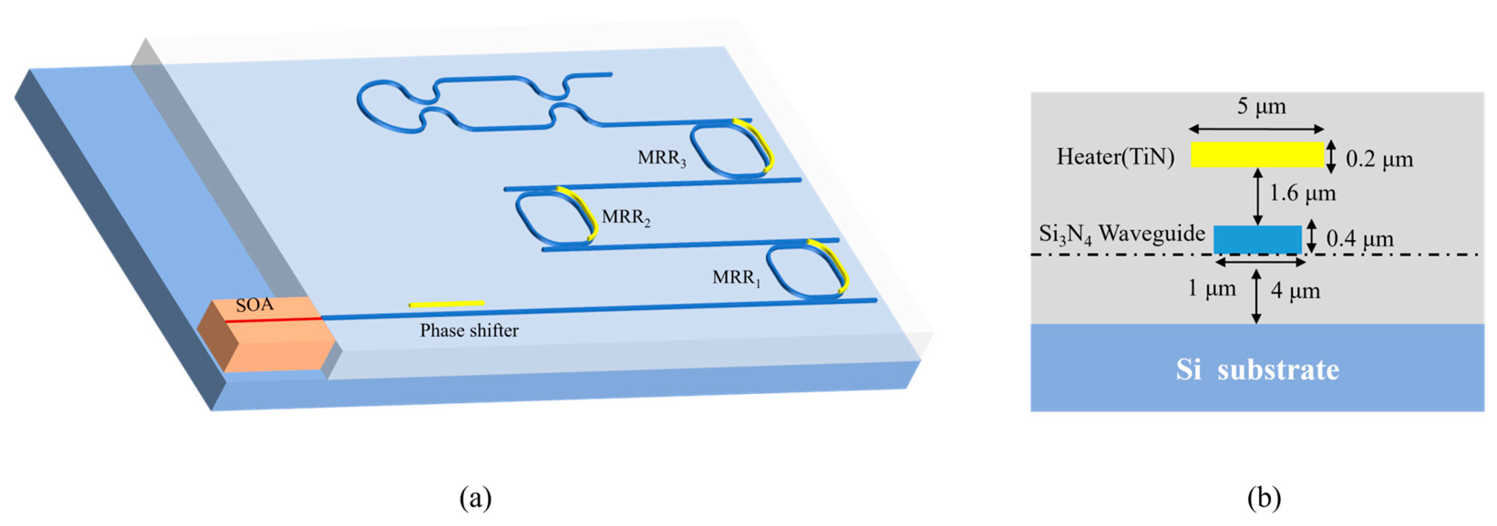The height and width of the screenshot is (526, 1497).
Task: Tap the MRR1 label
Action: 736,278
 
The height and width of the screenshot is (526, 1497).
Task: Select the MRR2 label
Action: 626,217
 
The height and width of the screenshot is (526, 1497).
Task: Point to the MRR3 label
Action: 661,158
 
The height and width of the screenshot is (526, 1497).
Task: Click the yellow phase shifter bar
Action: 446,304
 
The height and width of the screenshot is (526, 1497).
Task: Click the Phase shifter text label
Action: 469,330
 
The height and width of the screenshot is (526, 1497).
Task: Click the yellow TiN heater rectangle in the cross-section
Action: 1257,155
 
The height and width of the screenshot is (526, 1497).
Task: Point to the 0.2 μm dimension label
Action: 1379,159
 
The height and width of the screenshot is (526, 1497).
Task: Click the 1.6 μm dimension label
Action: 1302,193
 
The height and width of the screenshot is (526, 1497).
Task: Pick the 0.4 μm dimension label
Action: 1360,238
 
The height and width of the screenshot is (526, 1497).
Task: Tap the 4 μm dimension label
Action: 1295,291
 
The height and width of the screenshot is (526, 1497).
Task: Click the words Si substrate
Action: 1258,370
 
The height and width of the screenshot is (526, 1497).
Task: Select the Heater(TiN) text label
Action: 1115,157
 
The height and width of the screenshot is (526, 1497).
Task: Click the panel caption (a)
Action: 475,498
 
